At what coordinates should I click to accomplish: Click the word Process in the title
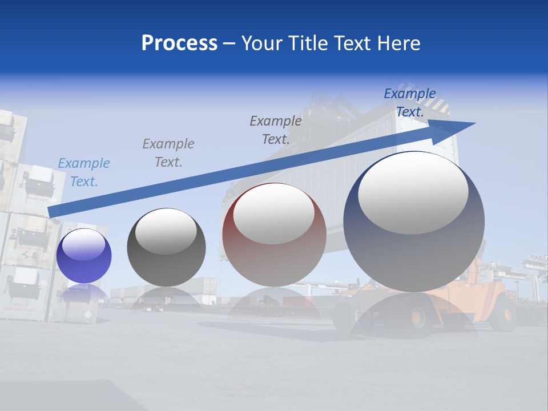[x=179, y=43]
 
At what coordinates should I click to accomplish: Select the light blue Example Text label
[x=84, y=172]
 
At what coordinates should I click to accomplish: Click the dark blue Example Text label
[x=409, y=103]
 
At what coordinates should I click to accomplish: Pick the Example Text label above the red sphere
[x=276, y=130]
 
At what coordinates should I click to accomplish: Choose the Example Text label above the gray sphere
[x=168, y=152]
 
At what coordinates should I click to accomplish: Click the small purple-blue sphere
[x=84, y=256]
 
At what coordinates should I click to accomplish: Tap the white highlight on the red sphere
[x=274, y=213]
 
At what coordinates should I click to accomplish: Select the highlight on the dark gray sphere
[x=166, y=231]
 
